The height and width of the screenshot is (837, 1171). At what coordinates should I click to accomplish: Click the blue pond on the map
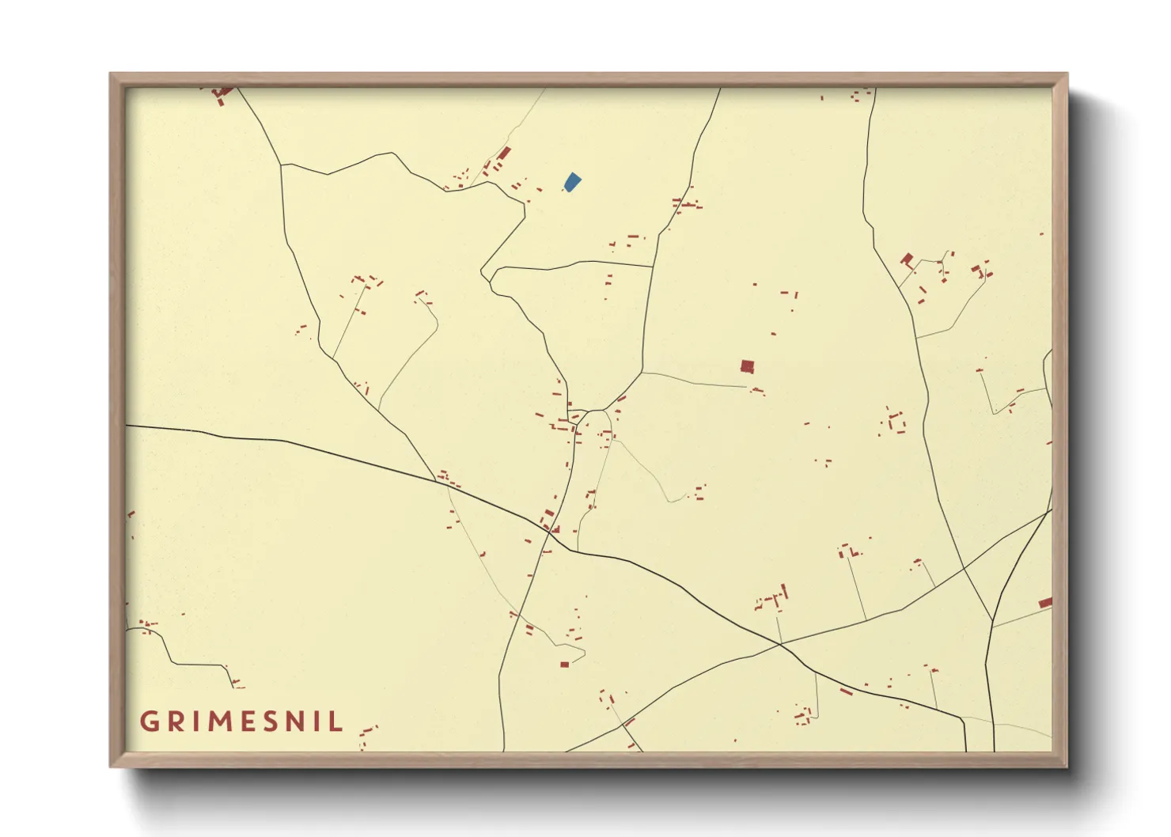[x=572, y=182]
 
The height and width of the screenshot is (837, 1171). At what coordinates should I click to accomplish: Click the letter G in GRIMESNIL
[x=149, y=721]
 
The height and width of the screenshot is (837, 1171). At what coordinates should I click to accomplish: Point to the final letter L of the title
[x=337, y=721]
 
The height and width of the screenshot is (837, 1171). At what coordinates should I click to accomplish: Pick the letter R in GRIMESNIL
[x=173, y=721]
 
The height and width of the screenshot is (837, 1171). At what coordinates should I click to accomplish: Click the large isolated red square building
[x=747, y=366]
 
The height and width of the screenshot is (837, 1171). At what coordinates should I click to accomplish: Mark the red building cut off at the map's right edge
[x=1045, y=603]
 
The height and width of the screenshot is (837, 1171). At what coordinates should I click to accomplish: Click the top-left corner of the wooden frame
[x=112, y=75]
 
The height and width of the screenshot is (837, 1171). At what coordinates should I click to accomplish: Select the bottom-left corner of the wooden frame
[x=112, y=765]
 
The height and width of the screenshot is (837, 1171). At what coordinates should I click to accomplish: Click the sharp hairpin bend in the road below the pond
[x=484, y=275]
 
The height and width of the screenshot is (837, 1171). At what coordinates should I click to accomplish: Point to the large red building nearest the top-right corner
[x=907, y=259]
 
